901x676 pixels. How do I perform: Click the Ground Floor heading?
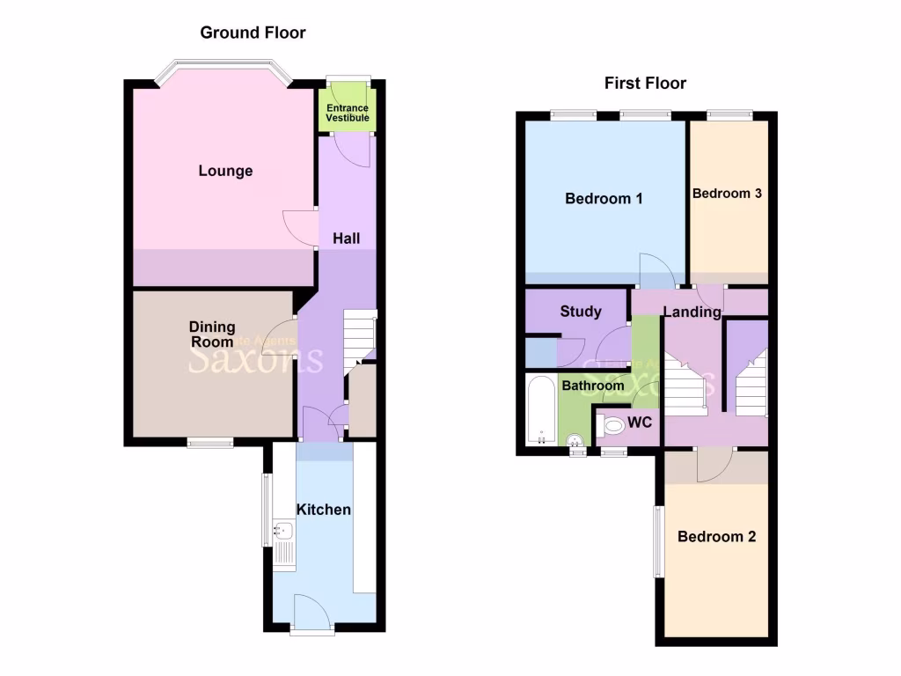click(x=253, y=33)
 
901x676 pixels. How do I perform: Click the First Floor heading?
click(x=645, y=84)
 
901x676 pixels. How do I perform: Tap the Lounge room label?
click(x=225, y=171)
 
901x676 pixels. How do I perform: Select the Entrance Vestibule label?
click(x=348, y=113)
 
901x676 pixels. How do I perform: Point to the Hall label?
click(x=346, y=239)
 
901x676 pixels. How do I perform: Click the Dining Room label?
click(x=212, y=334)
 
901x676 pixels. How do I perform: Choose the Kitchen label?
click(x=324, y=510)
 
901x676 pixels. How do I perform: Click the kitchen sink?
click(x=283, y=530)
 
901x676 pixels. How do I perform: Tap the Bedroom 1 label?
click(x=604, y=199)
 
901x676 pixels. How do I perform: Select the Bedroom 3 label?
click(x=727, y=194)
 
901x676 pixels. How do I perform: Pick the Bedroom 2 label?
click(x=716, y=536)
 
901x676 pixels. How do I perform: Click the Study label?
click(x=581, y=311)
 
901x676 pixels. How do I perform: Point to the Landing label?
click(x=692, y=312)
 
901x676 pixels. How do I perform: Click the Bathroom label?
click(x=593, y=386)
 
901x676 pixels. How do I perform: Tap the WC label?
click(x=640, y=422)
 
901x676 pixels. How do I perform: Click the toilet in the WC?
click(x=612, y=426)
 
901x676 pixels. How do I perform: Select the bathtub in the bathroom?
click(x=541, y=409)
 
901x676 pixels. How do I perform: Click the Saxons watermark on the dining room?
click(x=255, y=358)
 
